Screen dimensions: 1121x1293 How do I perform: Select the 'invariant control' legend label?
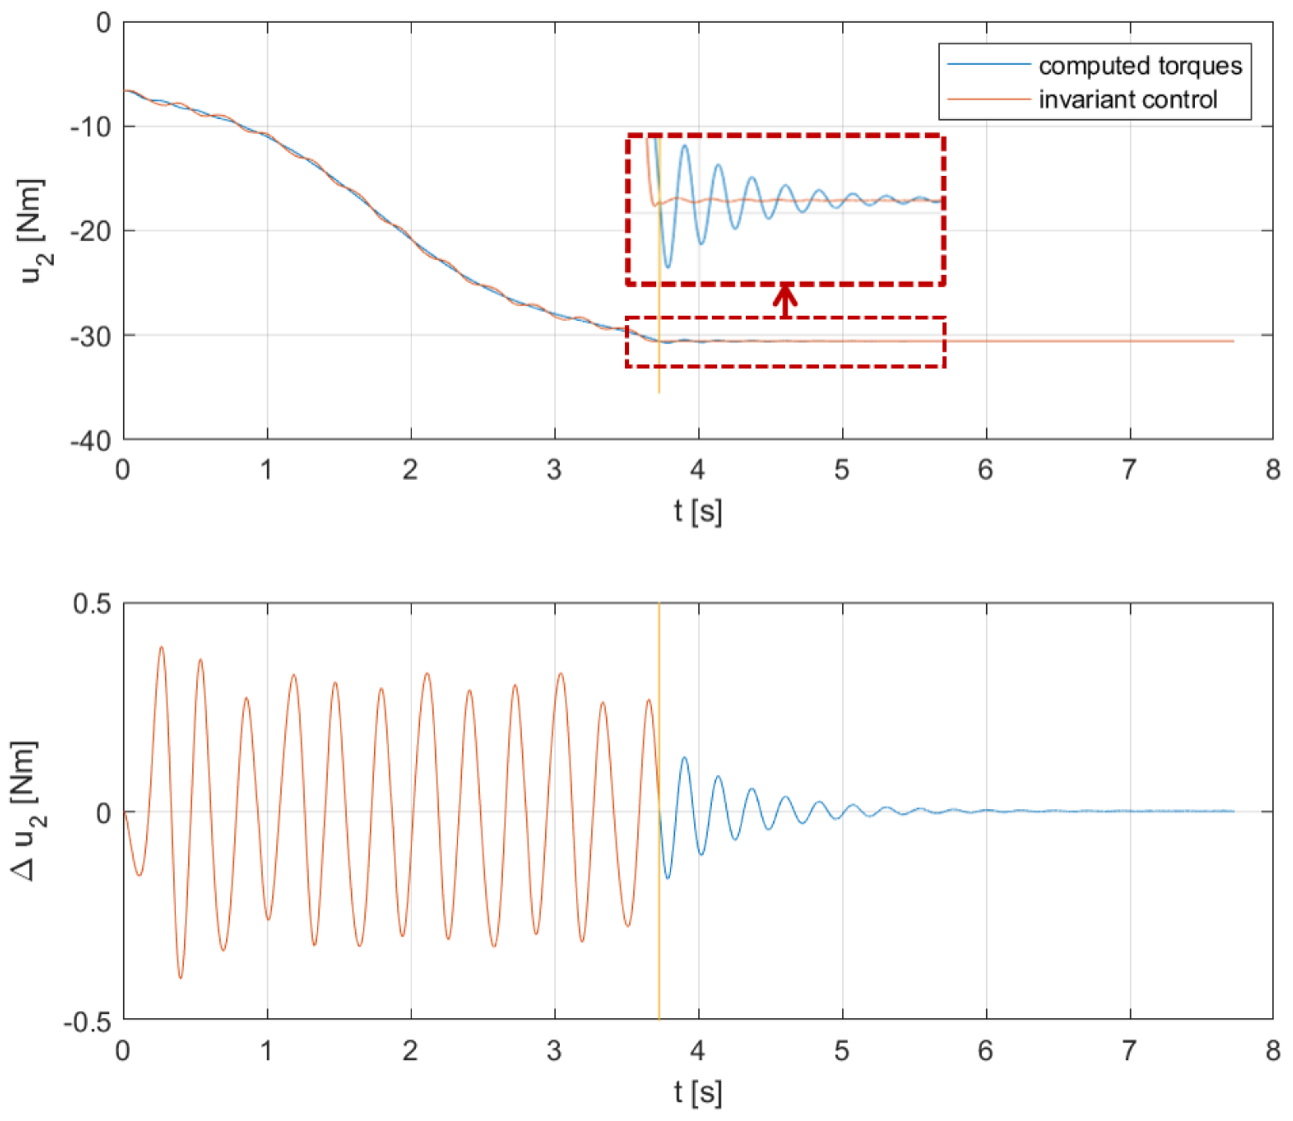point(1128,99)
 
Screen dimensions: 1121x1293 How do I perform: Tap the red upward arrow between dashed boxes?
point(785,301)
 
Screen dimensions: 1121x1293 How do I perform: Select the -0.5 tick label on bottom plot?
point(88,1023)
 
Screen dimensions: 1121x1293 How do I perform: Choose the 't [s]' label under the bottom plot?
point(697,1092)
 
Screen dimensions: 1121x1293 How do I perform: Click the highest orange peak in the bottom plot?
point(161,647)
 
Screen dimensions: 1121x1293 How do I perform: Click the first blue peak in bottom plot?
point(684,758)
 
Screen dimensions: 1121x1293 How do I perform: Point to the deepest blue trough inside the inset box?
point(668,267)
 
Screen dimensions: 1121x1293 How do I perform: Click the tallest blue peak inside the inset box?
point(685,146)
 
